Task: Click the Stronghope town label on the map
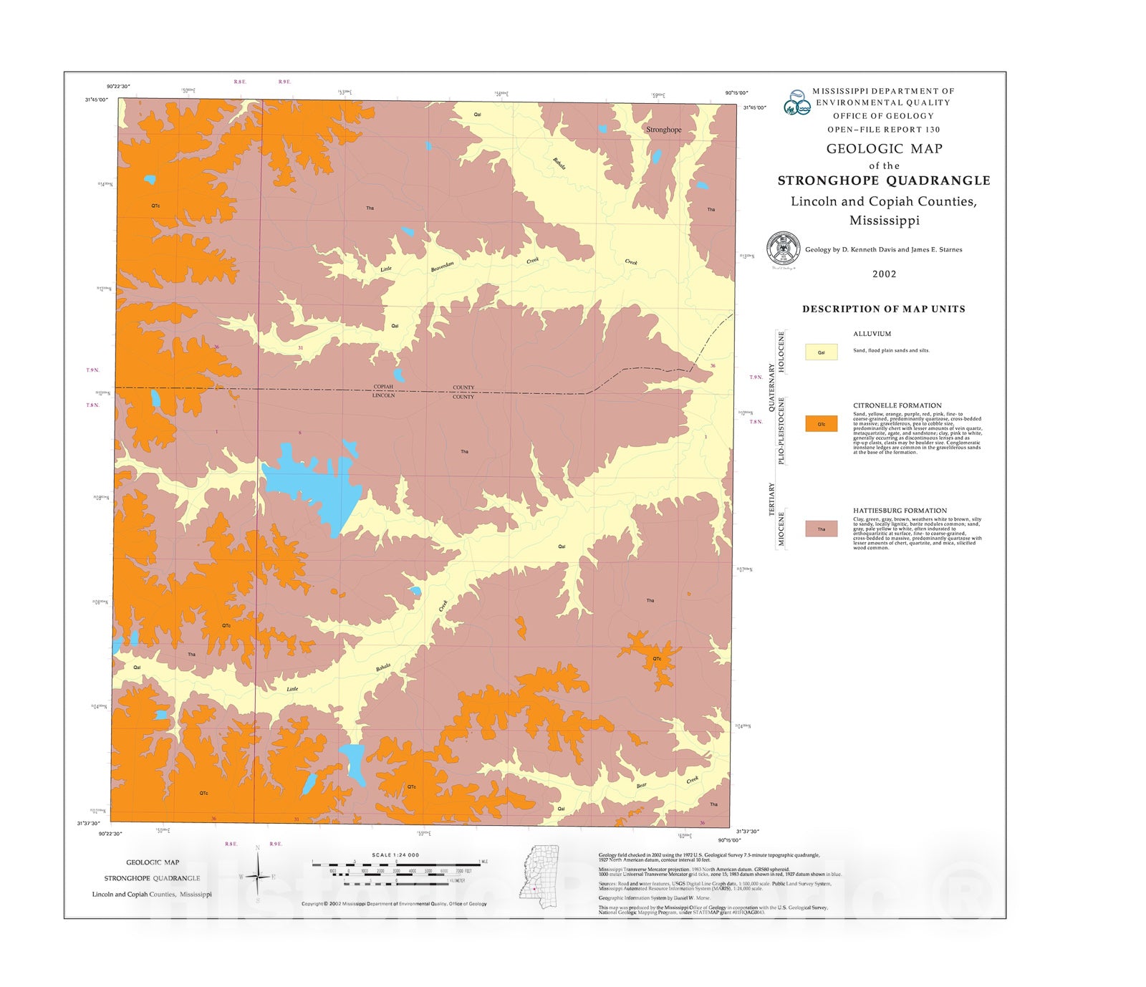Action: (x=663, y=130)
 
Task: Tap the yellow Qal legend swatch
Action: (x=821, y=352)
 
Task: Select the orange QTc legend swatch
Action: (x=821, y=423)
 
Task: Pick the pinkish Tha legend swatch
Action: (x=821, y=529)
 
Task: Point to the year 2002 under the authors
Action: (x=884, y=274)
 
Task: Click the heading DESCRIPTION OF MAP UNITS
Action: (x=883, y=309)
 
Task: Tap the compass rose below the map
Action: (x=258, y=875)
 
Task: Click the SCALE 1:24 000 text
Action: (x=395, y=854)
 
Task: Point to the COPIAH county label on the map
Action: (x=383, y=387)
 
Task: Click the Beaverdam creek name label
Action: (x=442, y=266)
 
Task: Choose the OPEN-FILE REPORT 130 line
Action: (x=883, y=130)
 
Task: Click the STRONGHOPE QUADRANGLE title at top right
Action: (x=884, y=180)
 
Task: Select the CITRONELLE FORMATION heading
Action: (x=897, y=405)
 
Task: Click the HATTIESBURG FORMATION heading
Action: (x=900, y=511)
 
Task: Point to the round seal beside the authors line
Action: (x=783, y=249)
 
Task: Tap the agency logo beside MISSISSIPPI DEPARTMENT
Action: (x=796, y=102)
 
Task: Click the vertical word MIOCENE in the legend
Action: (x=781, y=529)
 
